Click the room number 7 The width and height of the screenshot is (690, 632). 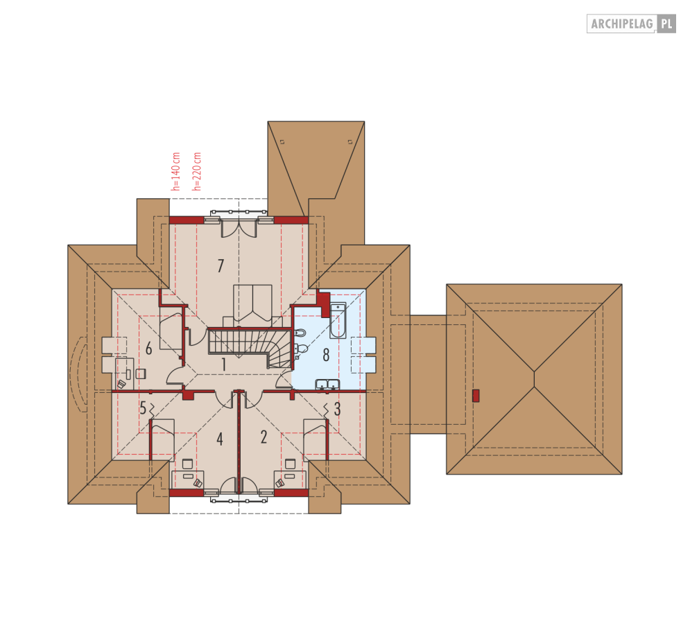coord(221,265)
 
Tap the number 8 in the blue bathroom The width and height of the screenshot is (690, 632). coord(326,355)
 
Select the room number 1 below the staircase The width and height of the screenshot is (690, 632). coord(224,365)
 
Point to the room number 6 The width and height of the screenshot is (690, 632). coord(148,349)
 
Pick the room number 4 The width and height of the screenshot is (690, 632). coord(220,439)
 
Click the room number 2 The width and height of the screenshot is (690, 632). coord(264,437)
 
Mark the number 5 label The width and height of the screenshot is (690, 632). coord(143,407)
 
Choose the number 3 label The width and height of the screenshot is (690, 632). coord(337,409)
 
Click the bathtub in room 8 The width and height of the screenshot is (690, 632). coord(338,320)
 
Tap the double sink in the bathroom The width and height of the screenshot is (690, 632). coord(327,385)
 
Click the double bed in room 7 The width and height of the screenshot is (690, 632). coord(252,306)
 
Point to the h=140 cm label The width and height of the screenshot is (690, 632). coord(176,172)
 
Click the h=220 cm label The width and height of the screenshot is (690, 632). coord(197,172)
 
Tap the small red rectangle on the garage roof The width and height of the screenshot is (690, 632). coord(476,396)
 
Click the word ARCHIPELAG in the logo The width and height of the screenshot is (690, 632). coord(622,24)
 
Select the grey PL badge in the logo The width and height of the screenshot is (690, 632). coord(666,24)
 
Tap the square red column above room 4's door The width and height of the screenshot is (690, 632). coord(188,395)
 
